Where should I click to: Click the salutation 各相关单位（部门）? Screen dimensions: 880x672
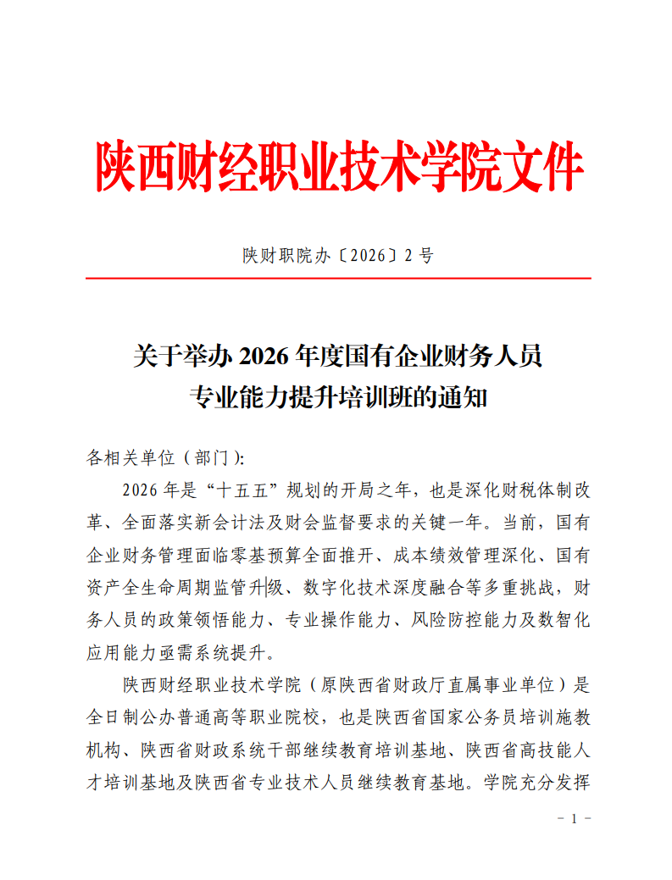[164, 458]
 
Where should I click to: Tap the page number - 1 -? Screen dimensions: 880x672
[574, 819]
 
